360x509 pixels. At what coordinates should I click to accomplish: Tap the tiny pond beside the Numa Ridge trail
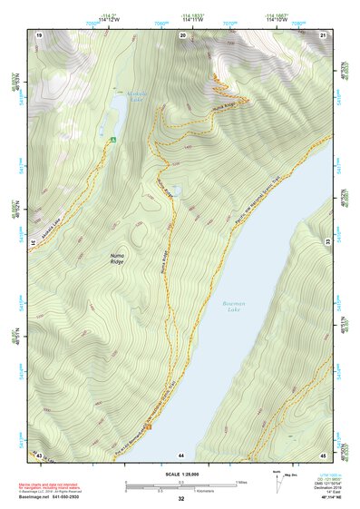(x=176, y=191)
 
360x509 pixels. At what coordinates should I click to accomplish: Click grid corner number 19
(x=39, y=34)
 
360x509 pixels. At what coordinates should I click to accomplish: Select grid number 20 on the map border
(x=182, y=34)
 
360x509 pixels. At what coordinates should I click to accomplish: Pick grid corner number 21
(x=323, y=34)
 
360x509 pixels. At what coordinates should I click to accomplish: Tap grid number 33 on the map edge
(x=327, y=242)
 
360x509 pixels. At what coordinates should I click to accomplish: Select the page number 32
(x=181, y=499)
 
